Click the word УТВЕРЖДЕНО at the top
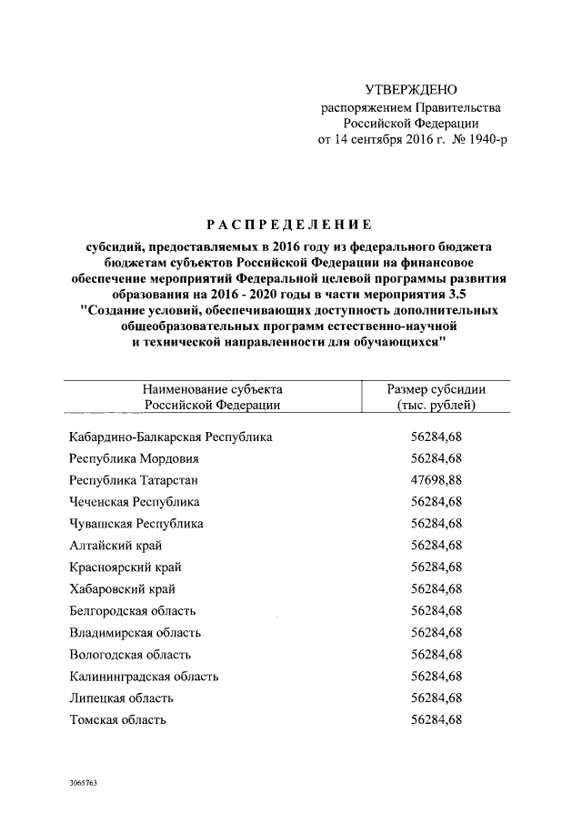[x=410, y=90]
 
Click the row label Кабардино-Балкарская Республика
[x=171, y=437]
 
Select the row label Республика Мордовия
[x=134, y=458]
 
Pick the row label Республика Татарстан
[x=134, y=480]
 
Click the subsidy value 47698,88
[x=436, y=480]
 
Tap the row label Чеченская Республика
[x=135, y=502]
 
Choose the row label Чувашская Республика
[x=136, y=524]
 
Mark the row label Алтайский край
[x=115, y=546]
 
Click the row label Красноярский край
[x=124, y=567]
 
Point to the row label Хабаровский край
[x=123, y=589]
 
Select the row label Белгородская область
[x=133, y=611]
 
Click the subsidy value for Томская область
[x=436, y=720]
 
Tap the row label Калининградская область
[x=144, y=677]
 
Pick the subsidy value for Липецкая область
[x=436, y=698]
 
